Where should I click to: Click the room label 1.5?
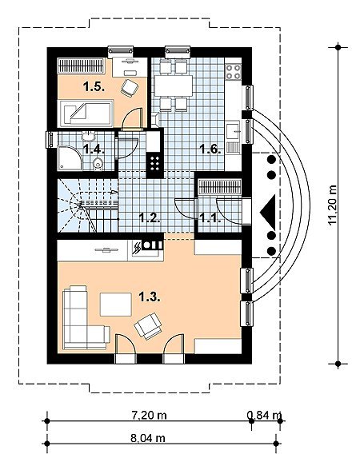94,86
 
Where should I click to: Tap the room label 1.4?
94,149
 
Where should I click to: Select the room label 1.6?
210,149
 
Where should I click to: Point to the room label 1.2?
150,218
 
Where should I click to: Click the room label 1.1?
210,218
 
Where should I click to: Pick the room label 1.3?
150,297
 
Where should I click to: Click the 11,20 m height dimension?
333,205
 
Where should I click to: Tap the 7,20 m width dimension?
149,415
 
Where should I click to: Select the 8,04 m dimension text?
148,438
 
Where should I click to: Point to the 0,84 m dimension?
264,415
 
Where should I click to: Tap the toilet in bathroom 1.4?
98,163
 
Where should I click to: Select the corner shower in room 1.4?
70,157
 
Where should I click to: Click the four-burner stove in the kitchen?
233,72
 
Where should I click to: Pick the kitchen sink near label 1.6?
233,130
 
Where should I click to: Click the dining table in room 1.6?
174,86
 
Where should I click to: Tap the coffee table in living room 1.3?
116,305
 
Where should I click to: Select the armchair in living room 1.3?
148,325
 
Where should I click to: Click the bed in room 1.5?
86,114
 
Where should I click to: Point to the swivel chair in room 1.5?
129,88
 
